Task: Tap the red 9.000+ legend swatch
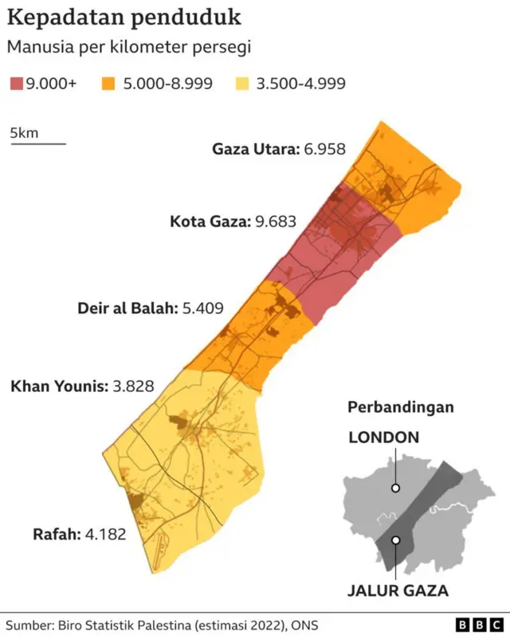pyautogui.click(x=16, y=83)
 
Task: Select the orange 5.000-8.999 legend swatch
pyautogui.click(x=110, y=83)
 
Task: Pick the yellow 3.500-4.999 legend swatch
pyautogui.click(x=244, y=83)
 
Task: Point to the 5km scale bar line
pyautogui.click(x=37, y=144)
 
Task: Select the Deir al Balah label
pyautogui.click(x=127, y=307)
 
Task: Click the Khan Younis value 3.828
pyautogui.click(x=133, y=387)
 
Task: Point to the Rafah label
pyautogui.click(x=56, y=534)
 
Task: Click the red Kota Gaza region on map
pyautogui.click(x=335, y=255)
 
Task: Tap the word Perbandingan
pyautogui.click(x=400, y=407)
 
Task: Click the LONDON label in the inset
pyautogui.click(x=383, y=437)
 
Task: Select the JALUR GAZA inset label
pyautogui.click(x=398, y=591)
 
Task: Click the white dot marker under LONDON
pyautogui.click(x=395, y=488)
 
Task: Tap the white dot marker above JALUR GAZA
pyautogui.click(x=395, y=540)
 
